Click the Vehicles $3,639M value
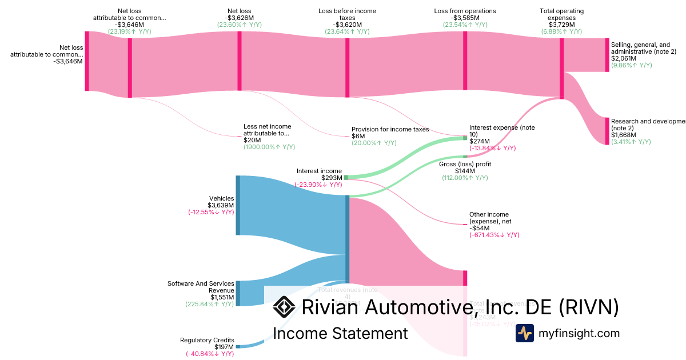click(x=221, y=206)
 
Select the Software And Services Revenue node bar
click(x=238, y=293)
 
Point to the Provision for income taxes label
click(x=390, y=130)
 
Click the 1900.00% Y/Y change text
click(x=269, y=147)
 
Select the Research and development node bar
click(x=607, y=131)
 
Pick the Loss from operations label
click(x=465, y=11)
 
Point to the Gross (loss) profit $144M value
click(x=465, y=171)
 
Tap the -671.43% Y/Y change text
click(x=494, y=235)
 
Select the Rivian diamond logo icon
click(x=284, y=307)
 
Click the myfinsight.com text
click(x=579, y=333)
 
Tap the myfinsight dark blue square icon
click(x=524, y=333)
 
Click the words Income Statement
click(x=340, y=333)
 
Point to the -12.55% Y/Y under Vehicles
click(x=211, y=213)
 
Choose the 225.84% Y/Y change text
click(x=209, y=304)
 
